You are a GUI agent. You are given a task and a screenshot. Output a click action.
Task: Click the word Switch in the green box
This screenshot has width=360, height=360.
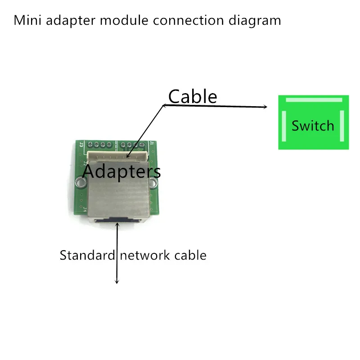point(313,126)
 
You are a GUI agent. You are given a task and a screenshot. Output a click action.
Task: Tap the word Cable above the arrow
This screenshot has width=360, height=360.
point(193,97)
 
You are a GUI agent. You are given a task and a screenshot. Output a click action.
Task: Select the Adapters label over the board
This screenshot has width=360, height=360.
point(121,171)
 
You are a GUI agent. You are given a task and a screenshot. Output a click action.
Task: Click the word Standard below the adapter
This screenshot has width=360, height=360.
point(87,256)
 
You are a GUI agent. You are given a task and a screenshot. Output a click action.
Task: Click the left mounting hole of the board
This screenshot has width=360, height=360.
point(81,182)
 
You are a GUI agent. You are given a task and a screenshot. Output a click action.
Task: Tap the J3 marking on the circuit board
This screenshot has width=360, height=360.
point(81,145)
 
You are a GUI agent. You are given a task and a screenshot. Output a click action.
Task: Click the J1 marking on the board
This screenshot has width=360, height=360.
point(151,144)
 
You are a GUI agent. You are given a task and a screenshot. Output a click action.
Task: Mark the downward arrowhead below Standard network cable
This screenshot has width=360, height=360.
point(117,281)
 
